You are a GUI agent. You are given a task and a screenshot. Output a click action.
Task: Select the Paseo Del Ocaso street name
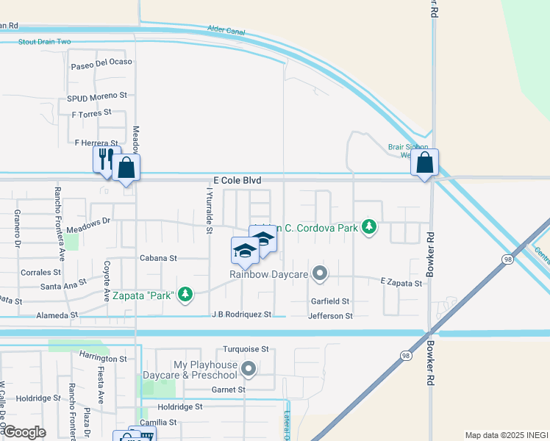tap(101, 62)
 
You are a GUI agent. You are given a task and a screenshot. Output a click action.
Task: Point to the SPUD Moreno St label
tap(97, 96)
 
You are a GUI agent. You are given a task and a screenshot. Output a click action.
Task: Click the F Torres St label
tap(91, 113)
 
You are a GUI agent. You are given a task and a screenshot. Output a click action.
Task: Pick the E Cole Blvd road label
tap(238, 180)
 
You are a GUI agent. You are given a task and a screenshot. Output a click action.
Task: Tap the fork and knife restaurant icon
tap(106, 158)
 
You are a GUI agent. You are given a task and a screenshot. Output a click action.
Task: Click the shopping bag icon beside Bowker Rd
tap(425, 163)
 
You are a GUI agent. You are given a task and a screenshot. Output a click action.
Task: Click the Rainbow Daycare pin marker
tap(319, 273)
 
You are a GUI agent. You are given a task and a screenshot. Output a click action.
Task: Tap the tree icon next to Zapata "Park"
tap(186, 295)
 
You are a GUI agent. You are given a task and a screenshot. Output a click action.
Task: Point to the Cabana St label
tap(159, 259)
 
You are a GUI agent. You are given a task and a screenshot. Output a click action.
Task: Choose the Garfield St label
tap(329, 301)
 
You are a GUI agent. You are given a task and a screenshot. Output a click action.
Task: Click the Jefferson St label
tap(330, 316)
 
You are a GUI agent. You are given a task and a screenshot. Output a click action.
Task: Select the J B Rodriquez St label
tap(242, 315)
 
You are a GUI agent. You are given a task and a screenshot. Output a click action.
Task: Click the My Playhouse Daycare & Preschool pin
tap(249, 369)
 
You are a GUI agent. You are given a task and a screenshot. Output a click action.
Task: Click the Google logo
tap(25, 431)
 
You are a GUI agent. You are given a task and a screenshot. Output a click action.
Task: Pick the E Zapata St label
tap(401, 283)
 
